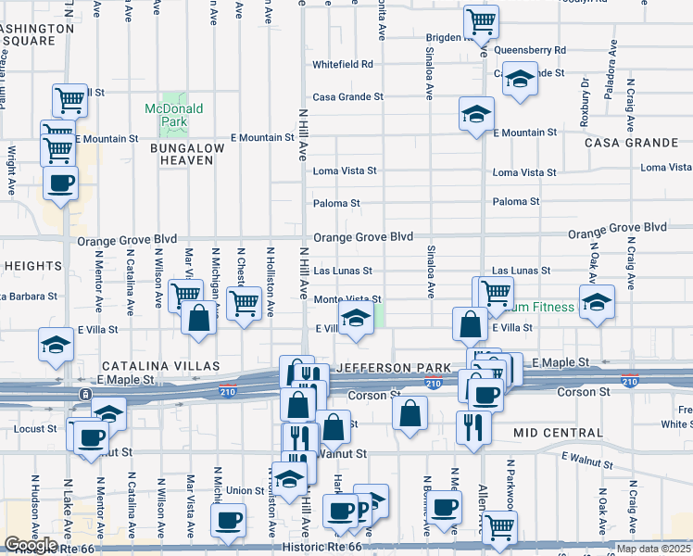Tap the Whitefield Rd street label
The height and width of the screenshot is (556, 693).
[342, 65]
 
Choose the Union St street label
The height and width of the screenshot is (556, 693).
[246, 490]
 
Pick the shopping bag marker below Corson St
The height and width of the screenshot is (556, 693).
[409, 412]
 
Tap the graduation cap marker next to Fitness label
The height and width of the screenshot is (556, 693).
[597, 301]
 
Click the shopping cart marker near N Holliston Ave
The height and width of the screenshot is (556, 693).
[245, 301]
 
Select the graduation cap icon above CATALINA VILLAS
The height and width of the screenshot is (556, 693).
[56, 344]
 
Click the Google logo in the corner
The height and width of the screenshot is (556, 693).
[30, 546]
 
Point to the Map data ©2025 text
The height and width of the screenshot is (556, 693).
[652, 549]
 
